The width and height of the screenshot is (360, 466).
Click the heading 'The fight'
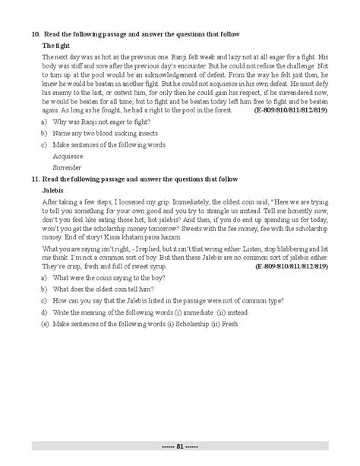coord(57,46)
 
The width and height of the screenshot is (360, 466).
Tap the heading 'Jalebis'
coord(55,189)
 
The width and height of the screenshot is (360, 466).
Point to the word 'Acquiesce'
coord(68,156)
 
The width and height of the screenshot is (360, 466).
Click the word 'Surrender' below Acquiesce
coord(68,166)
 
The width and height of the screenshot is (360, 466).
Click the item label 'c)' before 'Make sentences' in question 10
coord(45,144)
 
